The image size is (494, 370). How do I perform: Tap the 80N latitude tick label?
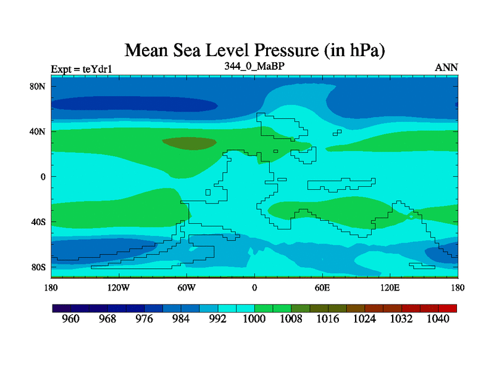point(38,86)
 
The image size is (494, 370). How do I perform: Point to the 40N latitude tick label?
point(38,131)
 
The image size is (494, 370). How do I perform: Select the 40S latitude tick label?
point(38,222)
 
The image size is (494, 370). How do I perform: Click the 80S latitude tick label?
point(38,267)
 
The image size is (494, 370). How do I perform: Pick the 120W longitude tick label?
point(118,287)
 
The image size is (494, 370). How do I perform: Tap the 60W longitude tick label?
point(186,287)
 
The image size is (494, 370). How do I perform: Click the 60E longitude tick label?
point(322,287)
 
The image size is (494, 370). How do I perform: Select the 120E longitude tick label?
point(390,287)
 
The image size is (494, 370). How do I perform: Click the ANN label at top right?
point(446,67)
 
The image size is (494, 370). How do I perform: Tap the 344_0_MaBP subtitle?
point(254,65)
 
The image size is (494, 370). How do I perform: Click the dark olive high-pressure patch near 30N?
point(190,143)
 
